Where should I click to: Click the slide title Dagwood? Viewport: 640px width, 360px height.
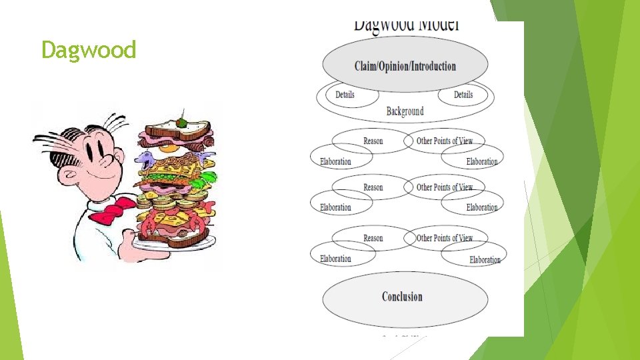[89, 50]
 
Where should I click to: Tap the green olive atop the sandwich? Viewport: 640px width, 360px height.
[181, 123]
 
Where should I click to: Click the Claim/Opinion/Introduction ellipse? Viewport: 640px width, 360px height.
[405, 65]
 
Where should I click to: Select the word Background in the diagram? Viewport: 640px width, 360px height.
[405, 111]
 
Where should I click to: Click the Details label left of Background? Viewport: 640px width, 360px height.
[345, 95]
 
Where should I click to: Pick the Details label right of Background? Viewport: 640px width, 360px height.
[463, 95]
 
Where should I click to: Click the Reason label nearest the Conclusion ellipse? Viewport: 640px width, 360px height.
[373, 238]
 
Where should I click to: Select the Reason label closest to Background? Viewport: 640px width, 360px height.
[373, 141]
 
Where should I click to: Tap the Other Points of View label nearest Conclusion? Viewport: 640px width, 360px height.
[445, 238]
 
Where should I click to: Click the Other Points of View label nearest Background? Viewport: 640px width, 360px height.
[445, 141]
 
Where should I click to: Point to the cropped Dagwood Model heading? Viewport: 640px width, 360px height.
[406, 25]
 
